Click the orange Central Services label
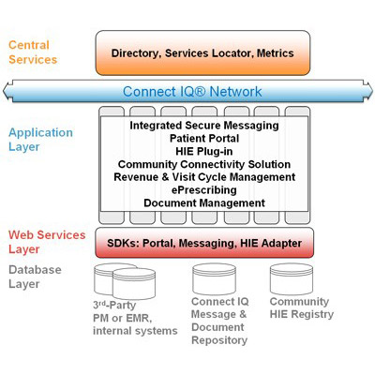click(x=33, y=52)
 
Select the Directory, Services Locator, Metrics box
click(x=202, y=52)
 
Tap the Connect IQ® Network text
click(x=192, y=92)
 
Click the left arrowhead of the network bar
click(x=7, y=91)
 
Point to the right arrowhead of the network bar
click(x=367, y=91)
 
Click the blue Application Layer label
click(x=40, y=140)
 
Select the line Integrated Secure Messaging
click(x=204, y=126)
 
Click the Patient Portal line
click(x=204, y=138)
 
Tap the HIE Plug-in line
click(x=204, y=151)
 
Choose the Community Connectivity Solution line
click(x=204, y=164)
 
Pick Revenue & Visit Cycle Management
click(x=204, y=177)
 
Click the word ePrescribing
click(x=204, y=190)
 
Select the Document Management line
click(x=204, y=202)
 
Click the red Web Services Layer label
click(x=47, y=242)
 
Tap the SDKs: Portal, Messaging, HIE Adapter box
click(x=204, y=243)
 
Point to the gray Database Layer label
click(x=35, y=277)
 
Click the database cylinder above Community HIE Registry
click(x=292, y=278)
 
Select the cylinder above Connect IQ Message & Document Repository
click(x=214, y=278)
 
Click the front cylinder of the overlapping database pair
click(x=134, y=283)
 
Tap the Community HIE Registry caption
click(x=302, y=307)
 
